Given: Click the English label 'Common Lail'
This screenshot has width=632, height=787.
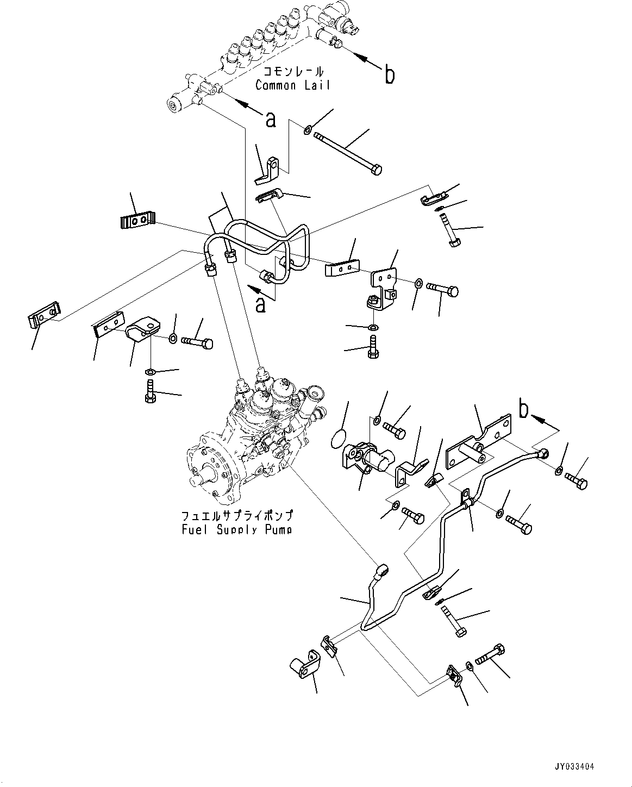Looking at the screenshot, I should tap(292, 85).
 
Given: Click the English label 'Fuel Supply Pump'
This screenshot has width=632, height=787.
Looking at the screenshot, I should tap(236, 529).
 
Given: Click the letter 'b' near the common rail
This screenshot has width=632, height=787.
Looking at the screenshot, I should tap(389, 76).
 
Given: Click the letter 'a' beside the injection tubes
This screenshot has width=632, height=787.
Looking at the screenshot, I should tap(261, 304).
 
